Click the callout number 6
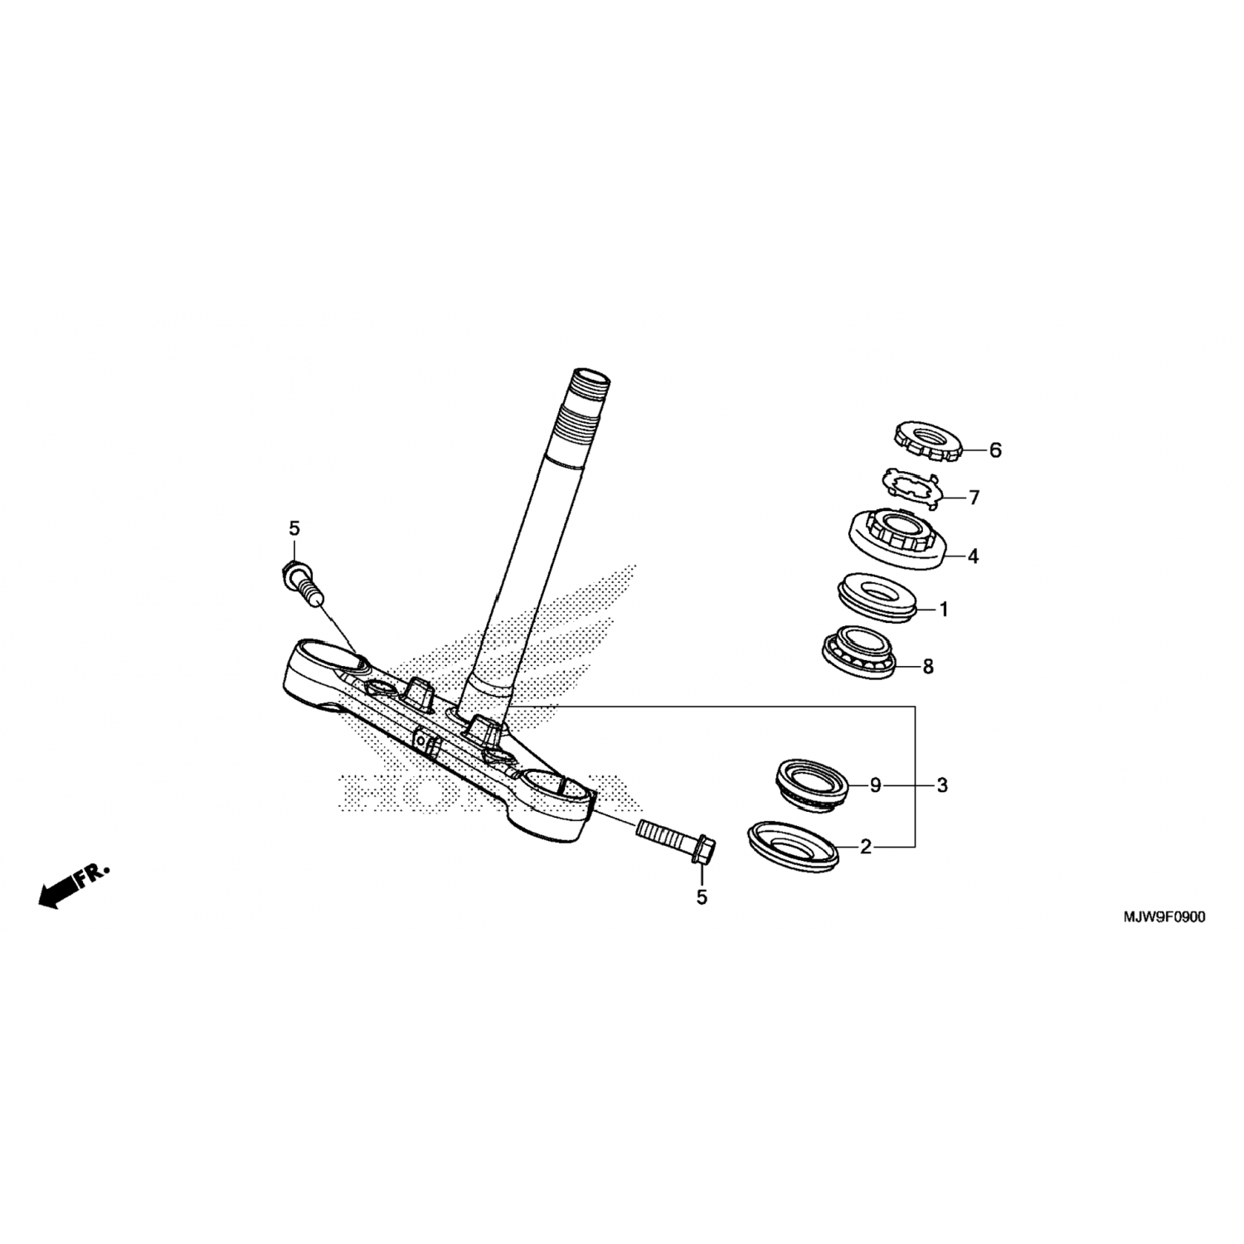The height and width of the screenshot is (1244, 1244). coord(995,450)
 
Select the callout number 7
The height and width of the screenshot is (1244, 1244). coord(974,498)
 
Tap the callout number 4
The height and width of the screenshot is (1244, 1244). coord(973,556)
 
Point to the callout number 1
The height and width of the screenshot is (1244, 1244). coord(943,610)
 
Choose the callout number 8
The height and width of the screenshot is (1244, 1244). coord(928,666)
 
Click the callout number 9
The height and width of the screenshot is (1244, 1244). coord(875,785)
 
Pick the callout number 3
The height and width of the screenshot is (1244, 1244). coord(942,785)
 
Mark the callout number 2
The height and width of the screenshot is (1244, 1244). coord(866,847)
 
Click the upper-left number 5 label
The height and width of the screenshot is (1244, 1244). coord(294,527)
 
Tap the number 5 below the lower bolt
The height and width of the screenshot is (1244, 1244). coord(702,897)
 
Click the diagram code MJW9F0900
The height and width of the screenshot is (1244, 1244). coord(1164,917)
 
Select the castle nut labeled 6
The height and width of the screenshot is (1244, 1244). coord(926,441)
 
